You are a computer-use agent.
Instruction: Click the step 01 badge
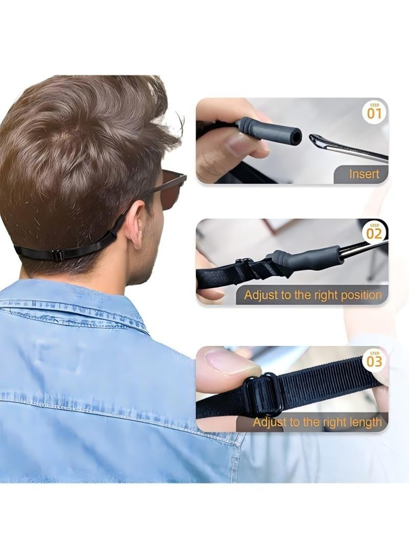point(375,112)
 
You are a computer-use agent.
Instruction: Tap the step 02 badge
point(375,232)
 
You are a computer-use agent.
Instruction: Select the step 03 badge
point(375,360)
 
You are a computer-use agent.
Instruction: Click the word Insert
point(364,174)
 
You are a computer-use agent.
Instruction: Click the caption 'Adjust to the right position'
point(313,295)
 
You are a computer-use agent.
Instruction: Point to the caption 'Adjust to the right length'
point(317,422)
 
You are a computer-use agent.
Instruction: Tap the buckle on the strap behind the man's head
point(57,254)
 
